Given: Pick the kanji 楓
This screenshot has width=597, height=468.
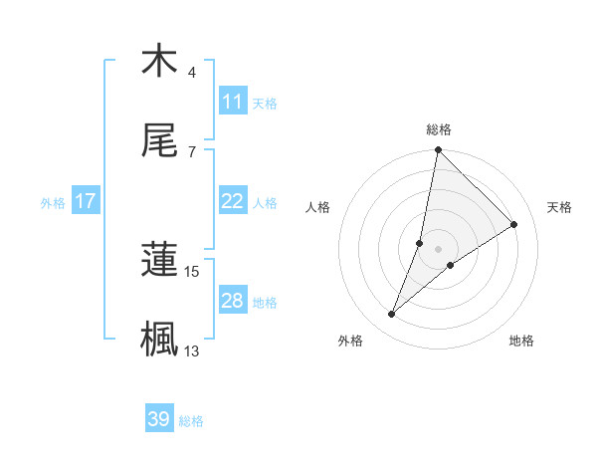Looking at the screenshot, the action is coord(159,339).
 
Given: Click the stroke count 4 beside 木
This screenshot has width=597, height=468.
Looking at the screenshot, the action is coord(192,73).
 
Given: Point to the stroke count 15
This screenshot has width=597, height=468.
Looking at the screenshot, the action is coord(192,271).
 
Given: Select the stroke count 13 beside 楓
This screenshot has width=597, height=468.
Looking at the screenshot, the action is coord(192,351).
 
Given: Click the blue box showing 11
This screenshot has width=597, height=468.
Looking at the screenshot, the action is coord(233,102).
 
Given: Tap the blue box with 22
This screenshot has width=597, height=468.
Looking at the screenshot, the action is coord(233,201).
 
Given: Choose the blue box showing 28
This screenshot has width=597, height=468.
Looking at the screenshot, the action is coord(233,301).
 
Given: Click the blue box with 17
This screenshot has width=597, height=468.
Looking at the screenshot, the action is coord(86,201).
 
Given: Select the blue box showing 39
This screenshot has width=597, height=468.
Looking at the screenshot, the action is coord(159,419).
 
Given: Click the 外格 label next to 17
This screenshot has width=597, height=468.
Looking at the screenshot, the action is coord(53,202).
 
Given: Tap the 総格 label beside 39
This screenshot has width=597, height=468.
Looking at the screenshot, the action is coord(191,421).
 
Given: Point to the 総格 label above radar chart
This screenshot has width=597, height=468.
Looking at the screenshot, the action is coord(439,130).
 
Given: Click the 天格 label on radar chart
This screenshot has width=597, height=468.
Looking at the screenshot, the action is coord(560,207).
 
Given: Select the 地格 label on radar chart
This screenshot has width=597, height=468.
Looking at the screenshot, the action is coord(521,341).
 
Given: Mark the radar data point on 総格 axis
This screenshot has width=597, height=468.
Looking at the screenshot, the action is coord(438,150).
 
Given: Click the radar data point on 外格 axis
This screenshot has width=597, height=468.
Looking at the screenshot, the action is coord(392,315).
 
